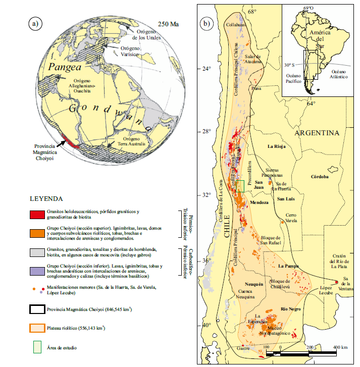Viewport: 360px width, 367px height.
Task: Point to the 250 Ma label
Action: click(x=168, y=24)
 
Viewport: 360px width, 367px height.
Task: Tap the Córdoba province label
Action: click(x=320, y=177)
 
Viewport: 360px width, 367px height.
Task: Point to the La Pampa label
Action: click(x=288, y=266)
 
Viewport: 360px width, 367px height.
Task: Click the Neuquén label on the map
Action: click(x=254, y=284)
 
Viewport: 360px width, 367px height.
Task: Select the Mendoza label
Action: click(x=259, y=202)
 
